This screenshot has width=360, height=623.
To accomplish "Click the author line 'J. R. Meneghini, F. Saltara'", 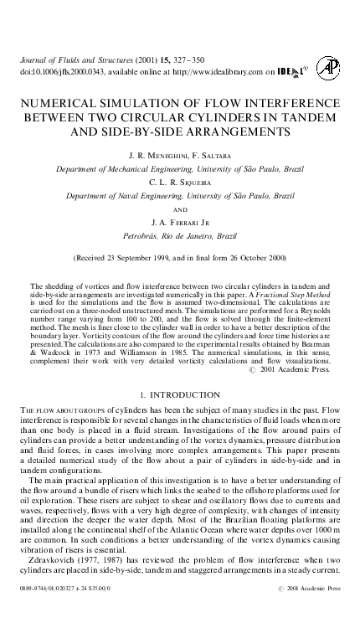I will coord(179,156).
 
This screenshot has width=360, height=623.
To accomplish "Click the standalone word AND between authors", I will coord(179,209).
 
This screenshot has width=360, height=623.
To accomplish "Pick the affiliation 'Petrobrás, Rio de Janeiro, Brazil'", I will coord(179,236).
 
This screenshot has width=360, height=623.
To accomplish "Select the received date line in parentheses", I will coord(179,257).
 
